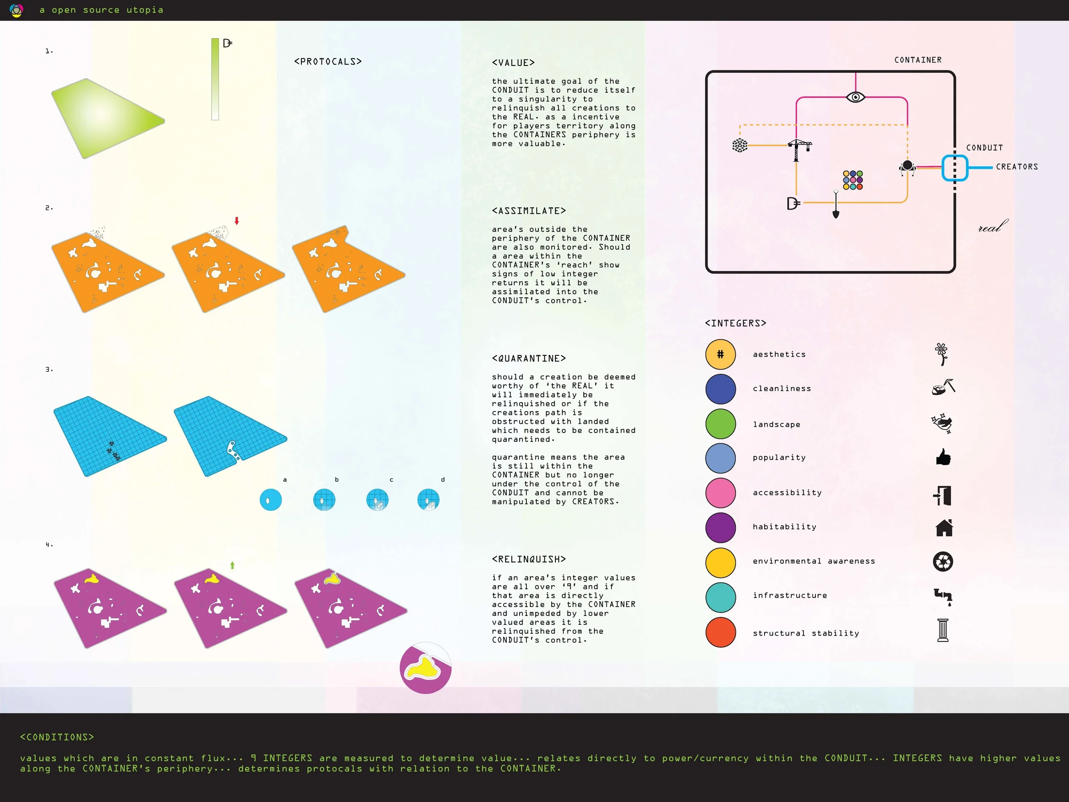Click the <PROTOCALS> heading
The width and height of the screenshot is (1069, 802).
(x=328, y=62)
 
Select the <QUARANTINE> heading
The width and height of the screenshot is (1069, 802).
(x=529, y=358)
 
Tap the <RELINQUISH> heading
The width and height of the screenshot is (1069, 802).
(x=529, y=559)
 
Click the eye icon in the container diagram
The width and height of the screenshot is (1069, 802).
(x=855, y=97)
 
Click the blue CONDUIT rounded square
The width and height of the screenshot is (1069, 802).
(x=954, y=168)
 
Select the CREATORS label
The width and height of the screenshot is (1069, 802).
(x=1017, y=167)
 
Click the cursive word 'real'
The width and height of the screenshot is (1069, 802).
(x=992, y=226)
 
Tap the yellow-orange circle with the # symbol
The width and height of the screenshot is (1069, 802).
(x=720, y=354)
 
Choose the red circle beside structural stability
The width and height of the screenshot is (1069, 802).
(x=720, y=632)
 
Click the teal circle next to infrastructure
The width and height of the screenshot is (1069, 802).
(x=720, y=597)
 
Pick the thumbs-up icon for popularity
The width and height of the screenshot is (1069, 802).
(x=943, y=457)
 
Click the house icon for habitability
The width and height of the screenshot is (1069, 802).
(x=944, y=527)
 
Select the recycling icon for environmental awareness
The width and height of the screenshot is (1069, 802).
(x=942, y=562)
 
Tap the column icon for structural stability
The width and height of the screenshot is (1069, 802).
(x=942, y=630)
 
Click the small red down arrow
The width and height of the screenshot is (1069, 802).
(x=237, y=221)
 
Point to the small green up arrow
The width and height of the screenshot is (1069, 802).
(x=233, y=565)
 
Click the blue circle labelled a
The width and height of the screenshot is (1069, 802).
(x=271, y=500)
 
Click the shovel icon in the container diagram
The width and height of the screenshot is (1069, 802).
(x=836, y=205)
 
